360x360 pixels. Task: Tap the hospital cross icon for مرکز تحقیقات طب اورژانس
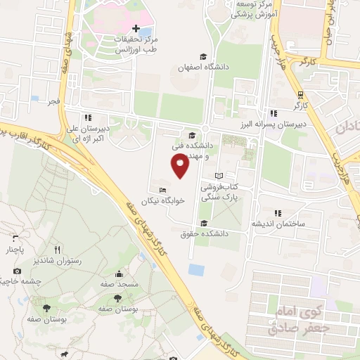136,27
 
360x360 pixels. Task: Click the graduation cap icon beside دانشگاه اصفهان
203,56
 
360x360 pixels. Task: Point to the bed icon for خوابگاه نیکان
164,190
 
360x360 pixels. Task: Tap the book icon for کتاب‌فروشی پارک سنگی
218,176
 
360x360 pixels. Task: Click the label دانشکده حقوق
200,233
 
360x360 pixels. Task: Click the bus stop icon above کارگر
301,94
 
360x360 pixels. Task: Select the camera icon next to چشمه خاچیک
16,271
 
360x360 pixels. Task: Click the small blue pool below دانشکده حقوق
196,269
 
